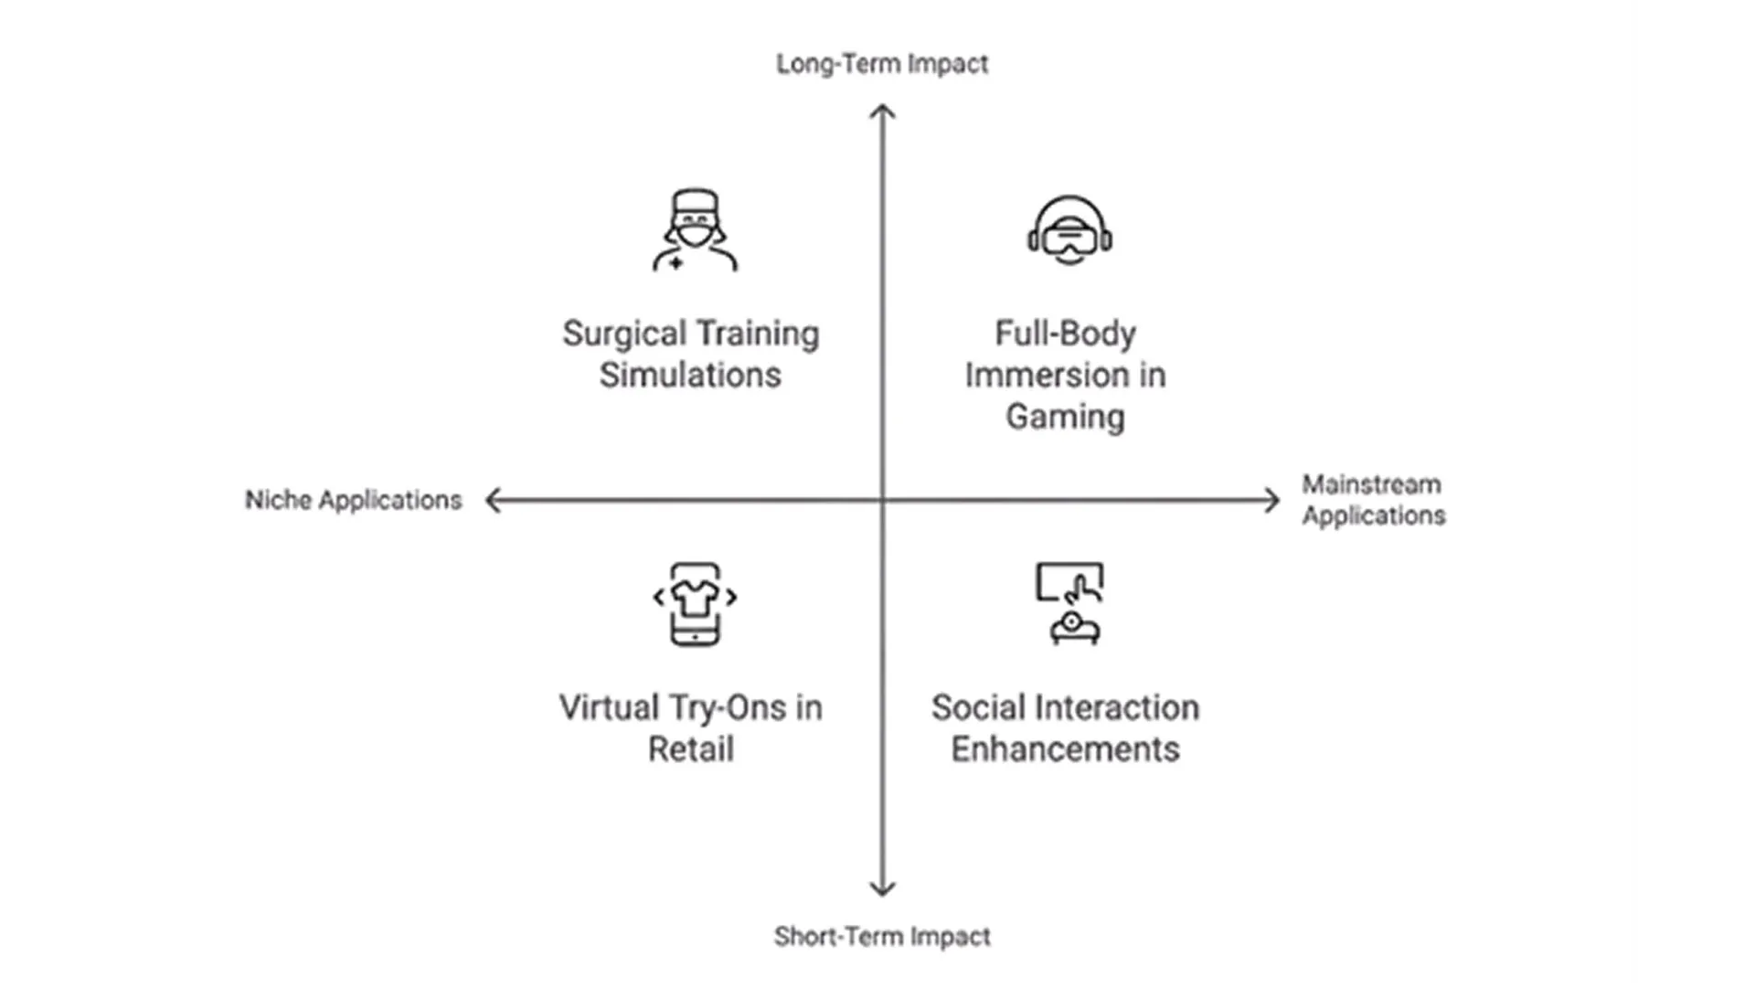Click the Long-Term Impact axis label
coord(882,64)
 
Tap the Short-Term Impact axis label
coord(882,937)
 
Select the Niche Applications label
coord(354,500)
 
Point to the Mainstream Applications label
coord(1373,500)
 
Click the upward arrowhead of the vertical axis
coord(882,111)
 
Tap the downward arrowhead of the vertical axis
coord(882,889)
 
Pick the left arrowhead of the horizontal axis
coord(493,500)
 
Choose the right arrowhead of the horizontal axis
coord(1272,500)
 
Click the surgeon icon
coord(695,230)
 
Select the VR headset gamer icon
coord(1069,230)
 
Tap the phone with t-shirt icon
coord(695,603)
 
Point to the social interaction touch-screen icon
coord(1069,603)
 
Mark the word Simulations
coord(690,376)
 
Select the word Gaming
coord(1065,417)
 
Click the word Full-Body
coord(1065,334)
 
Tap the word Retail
coord(690,749)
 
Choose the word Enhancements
coord(1065,749)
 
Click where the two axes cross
coord(882,500)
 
